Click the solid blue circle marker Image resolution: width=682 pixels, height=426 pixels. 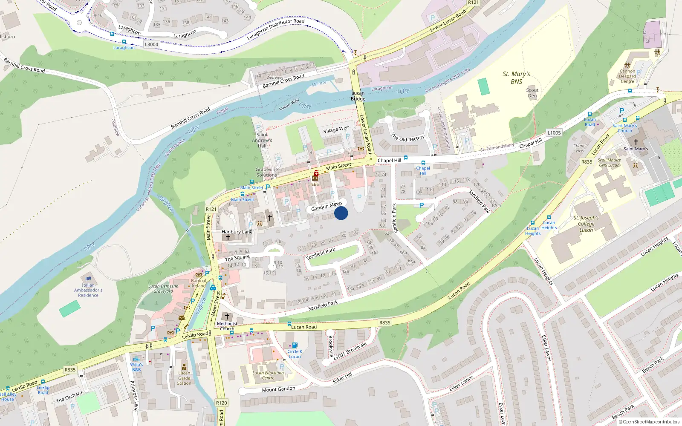341,213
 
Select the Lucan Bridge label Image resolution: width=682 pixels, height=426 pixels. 358,96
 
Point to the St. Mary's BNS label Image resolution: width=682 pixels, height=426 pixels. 516,78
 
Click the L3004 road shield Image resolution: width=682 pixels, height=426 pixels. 151,44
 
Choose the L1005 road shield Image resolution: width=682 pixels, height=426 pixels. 554,133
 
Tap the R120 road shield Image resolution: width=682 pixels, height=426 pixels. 222,403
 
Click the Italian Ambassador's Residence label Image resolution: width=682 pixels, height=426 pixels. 88,290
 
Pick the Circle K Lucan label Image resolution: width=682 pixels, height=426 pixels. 295,354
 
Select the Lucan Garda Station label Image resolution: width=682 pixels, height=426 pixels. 184,378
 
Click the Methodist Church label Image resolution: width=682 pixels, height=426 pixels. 227,326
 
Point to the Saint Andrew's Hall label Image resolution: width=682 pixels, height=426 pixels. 262,140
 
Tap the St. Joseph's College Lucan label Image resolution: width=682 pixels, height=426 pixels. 586,224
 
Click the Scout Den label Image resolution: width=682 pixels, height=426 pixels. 532,93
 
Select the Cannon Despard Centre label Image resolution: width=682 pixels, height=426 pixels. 627,76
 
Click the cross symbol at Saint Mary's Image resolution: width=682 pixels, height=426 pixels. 636,142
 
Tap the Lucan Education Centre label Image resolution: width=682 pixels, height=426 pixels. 268,375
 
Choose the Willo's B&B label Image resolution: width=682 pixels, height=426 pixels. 136,367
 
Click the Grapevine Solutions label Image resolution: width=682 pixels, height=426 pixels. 267,172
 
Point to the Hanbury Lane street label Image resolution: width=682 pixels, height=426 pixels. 237,232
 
